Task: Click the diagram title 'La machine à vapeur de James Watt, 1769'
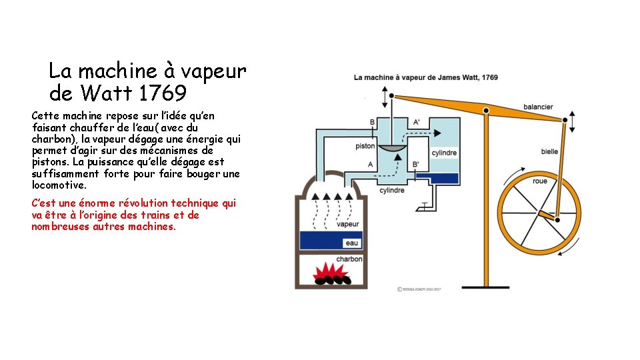click(x=425, y=77)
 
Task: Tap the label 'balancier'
click(x=537, y=107)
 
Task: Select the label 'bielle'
click(x=549, y=151)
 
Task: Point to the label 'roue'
click(x=540, y=181)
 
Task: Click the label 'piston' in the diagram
click(x=365, y=145)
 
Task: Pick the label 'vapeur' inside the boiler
click(x=347, y=225)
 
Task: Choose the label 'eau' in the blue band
click(x=351, y=243)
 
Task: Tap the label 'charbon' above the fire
click(x=349, y=259)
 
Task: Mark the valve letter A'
click(x=417, y=122)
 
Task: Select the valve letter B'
click(x=415, y=164)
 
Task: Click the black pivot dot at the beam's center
click(x=487, y=111)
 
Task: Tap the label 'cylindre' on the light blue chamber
click(x=444, y=153)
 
